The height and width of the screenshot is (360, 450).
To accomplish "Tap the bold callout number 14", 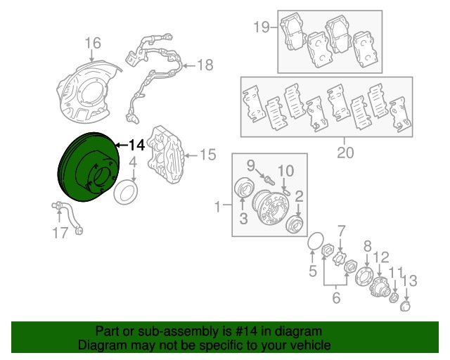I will [136, 145].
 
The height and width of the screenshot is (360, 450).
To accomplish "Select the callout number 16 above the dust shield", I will [93, 44].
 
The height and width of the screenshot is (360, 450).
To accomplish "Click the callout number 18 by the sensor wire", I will [204, 65].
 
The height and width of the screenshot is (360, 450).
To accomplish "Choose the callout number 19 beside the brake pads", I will [262, 27].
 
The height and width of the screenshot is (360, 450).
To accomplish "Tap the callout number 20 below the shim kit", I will [344, 152].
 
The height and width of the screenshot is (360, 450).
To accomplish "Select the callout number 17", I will [60, 232].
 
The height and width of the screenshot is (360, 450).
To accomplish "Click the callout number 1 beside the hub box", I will [218, 207].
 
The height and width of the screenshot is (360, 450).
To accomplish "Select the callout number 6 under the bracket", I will [335, 297].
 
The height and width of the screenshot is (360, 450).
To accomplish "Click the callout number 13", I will [409, 281].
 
